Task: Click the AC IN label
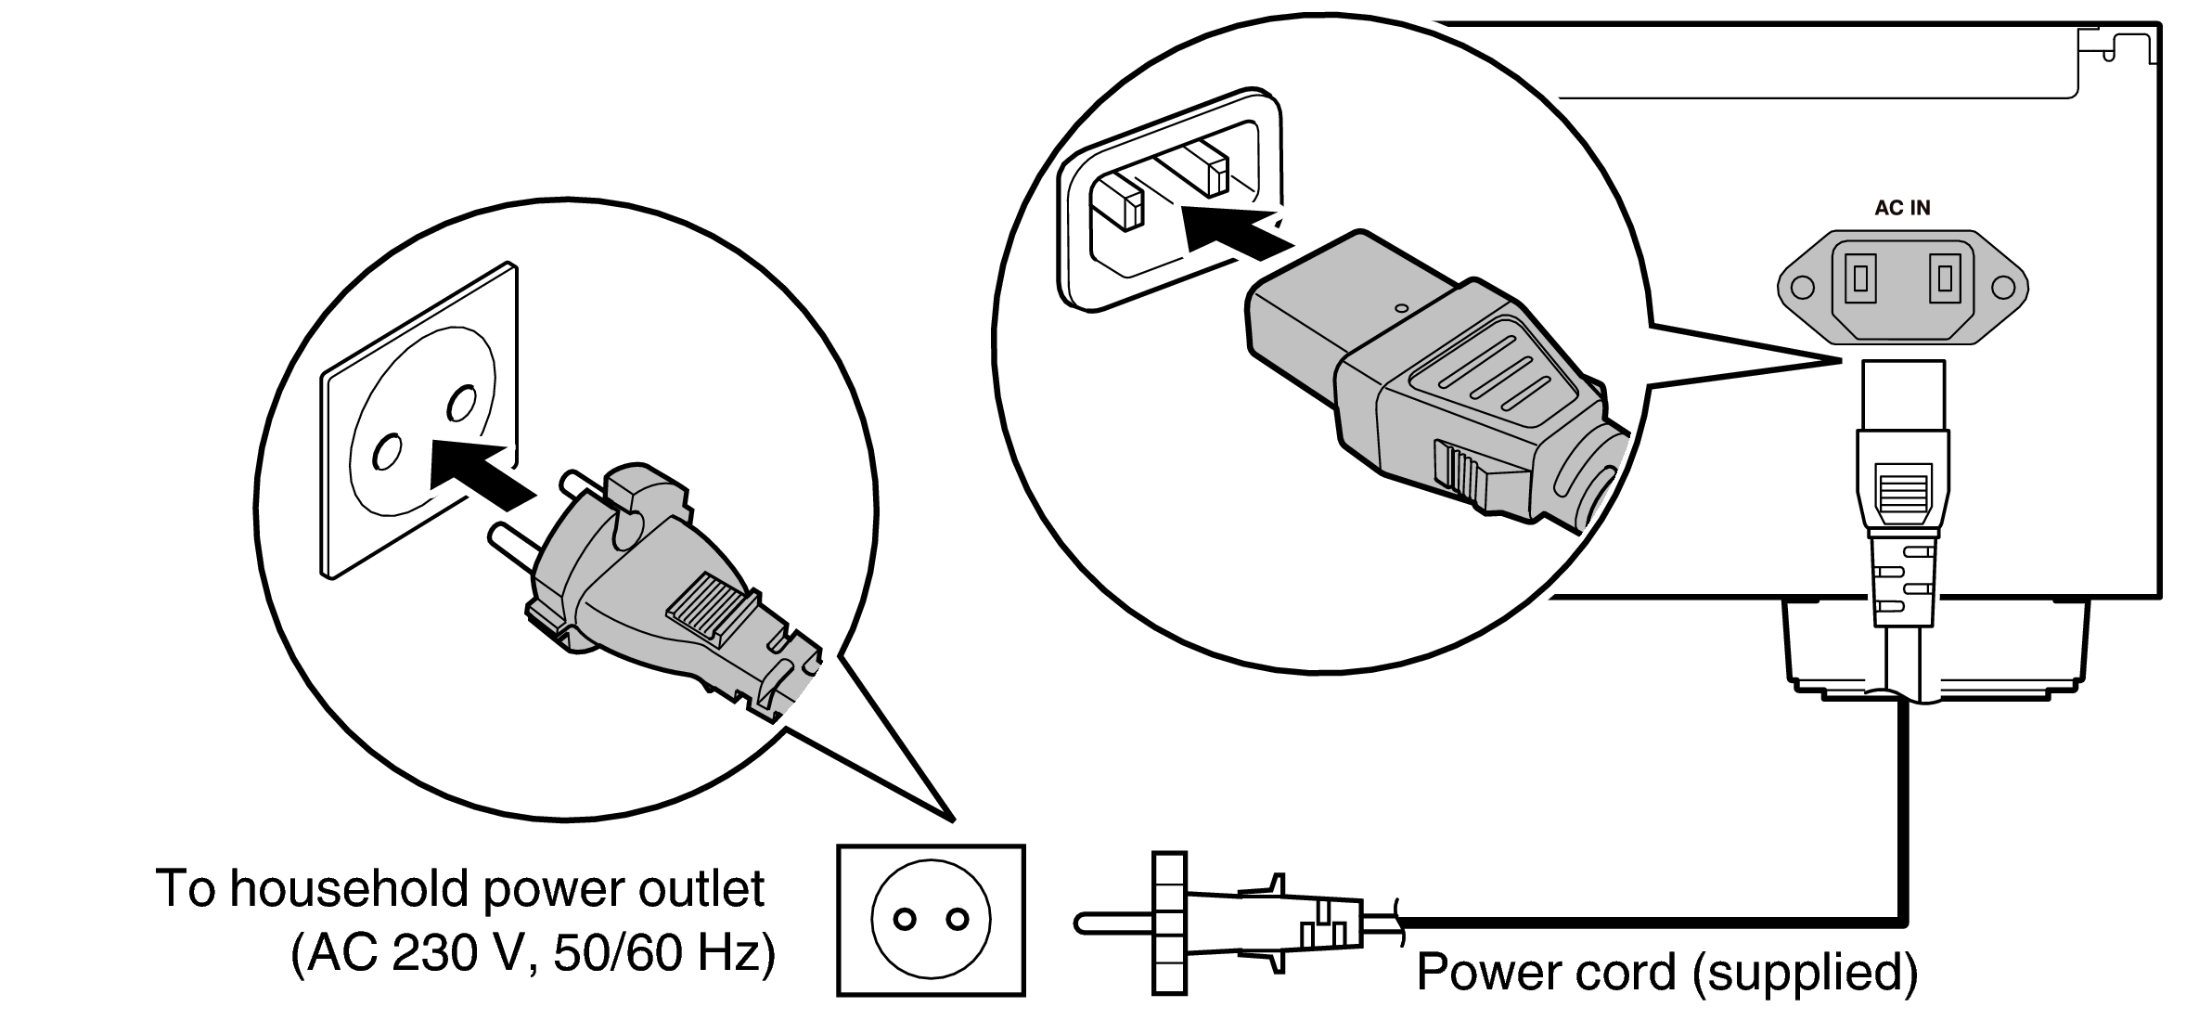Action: click(x=1902, y=208)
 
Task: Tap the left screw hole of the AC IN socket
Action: click(x=1802, y=287)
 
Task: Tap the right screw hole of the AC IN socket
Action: click(x=2001, y=287)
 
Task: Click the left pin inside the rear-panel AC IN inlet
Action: click(x=1859, y=278)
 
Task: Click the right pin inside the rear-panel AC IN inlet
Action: click(x=1945, y=278)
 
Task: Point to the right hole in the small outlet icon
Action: click(x=957, y=920)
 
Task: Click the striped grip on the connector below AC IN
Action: click(x=1902, y=499)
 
